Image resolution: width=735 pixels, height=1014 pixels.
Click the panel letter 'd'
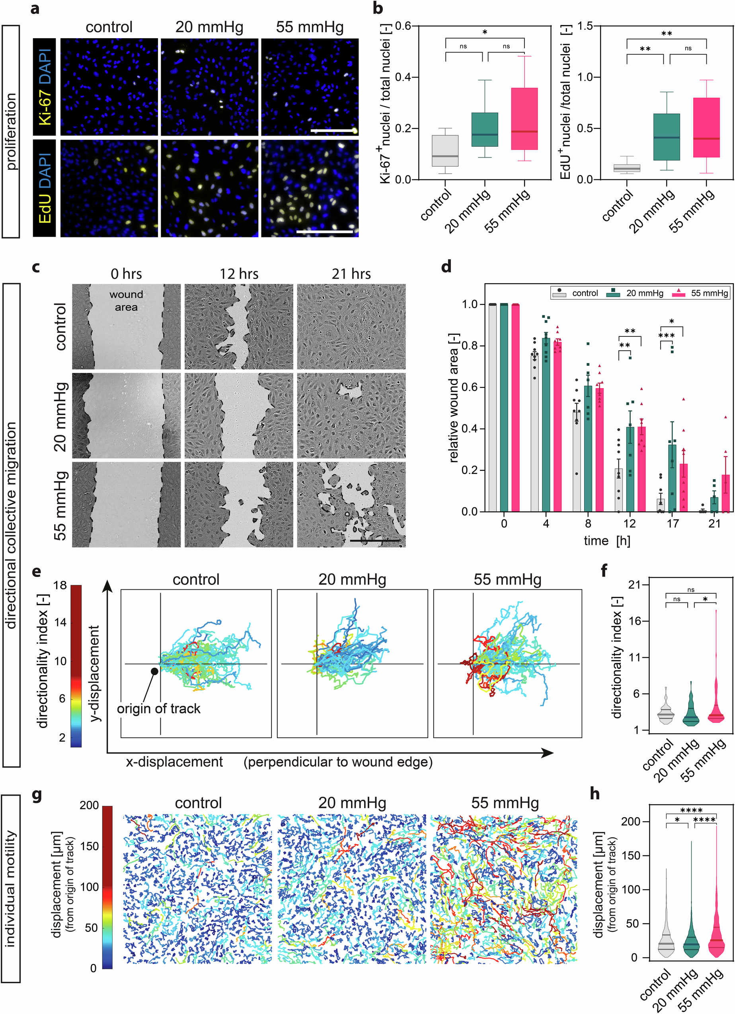tap(446, 267)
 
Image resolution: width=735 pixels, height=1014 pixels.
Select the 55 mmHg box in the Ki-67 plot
tap(524, 118)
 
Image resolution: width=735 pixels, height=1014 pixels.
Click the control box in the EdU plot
tap(626, 168)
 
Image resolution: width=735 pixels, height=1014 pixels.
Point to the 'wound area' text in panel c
tap(126, 301)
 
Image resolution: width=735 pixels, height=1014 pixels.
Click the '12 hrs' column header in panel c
tap(239, 274)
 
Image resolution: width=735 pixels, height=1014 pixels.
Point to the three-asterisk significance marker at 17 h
tap(666, 336)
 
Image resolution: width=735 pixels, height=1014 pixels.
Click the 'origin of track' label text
tap(158, 709)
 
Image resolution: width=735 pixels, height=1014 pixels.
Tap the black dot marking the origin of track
tap(154, 671)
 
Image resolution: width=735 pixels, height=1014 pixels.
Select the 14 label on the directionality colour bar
tap(61, 622)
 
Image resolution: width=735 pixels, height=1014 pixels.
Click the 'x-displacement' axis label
tap(174, 762)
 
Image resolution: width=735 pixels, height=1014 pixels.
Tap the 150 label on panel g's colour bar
tap(89, 846)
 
